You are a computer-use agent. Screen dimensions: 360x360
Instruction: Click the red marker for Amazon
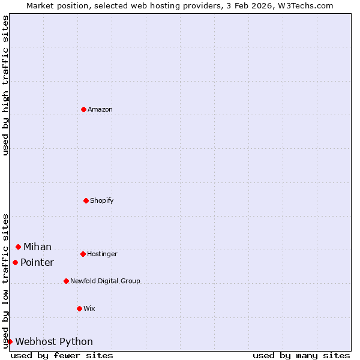83,109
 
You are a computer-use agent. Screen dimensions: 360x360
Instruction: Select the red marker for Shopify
86,200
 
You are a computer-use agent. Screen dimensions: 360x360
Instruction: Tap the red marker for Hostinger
83,254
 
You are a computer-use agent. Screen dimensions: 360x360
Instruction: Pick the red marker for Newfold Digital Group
66,281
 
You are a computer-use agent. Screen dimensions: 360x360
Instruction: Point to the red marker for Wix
79,308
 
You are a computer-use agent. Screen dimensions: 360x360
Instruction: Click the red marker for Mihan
18,247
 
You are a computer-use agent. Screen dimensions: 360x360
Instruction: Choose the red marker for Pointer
15,262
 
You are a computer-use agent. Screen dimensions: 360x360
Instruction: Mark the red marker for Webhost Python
10,341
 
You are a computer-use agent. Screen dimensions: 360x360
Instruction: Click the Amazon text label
100,109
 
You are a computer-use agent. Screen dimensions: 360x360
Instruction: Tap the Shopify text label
102,200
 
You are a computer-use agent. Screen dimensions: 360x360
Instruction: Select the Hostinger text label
102,254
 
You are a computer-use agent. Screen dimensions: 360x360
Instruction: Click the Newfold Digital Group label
105,281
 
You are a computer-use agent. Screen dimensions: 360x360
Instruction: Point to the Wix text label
89,308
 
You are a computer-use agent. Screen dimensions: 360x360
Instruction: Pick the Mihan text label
37,247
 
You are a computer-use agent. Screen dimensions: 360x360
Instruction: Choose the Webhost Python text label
54,341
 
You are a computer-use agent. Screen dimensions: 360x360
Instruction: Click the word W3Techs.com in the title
304,5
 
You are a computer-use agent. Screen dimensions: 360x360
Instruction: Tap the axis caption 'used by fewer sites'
62,355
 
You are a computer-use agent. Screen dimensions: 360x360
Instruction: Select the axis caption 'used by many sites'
301,355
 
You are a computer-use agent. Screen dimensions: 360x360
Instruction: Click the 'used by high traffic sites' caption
5,85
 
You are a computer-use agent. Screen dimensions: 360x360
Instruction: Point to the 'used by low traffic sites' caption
5,281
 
